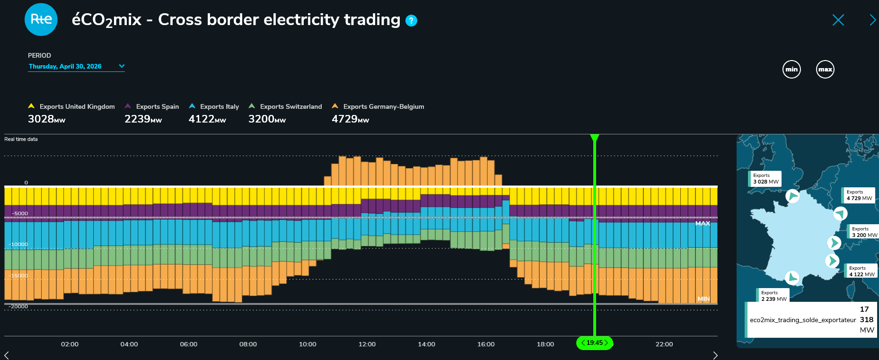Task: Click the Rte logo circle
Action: pyautogui.click(x=41, y=19)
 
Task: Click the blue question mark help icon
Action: pyautogui.click(x=412, y=20)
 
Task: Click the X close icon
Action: pyautogui.click(x=838, y=20)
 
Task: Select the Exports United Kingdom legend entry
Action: pyautogui.click(x=71, y=106)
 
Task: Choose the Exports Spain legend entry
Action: pyautogui.click(x=152, y=106)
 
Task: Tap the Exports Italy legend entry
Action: pyautogui.click(x=214, y=106)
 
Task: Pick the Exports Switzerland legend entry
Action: pyautogui.click(x=285, y=106)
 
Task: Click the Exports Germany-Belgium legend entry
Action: pyautogui.click(x=378, y=106)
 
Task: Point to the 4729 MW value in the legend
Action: pyautogui.click(x=351, y=119)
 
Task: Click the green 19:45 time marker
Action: pyautogui.click(x=595, y=343)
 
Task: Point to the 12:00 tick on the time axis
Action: pyautogui.click(x=367, y=344)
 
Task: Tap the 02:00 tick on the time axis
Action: pyautogui.click(x=70, y=344)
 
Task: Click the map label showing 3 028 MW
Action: pyautogui.click(x=765, y=179)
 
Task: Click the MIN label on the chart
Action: pyautogui.click(x=703, y=299)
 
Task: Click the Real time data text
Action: pyautogui.click(x=21, y=139)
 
